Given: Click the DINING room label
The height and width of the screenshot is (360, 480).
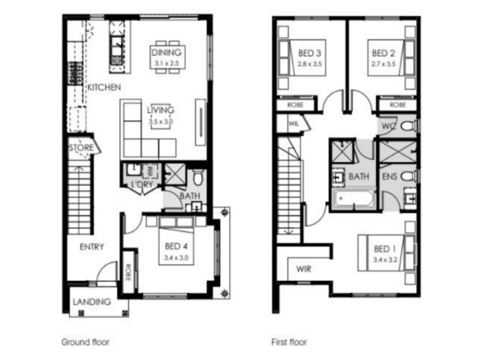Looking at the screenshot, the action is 167,52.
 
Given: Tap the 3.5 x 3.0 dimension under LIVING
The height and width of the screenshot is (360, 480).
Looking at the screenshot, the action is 161,121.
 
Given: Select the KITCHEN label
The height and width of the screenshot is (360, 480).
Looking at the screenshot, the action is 104,88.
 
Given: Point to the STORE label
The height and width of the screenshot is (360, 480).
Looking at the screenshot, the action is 81,148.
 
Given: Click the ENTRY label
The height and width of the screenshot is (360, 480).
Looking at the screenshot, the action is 92,247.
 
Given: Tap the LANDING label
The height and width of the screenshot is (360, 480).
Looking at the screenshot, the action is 92,302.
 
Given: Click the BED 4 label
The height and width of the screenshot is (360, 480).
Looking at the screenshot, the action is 176,246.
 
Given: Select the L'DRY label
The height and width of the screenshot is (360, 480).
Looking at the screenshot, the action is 142,185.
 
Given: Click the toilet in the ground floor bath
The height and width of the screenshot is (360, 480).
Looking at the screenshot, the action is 198,177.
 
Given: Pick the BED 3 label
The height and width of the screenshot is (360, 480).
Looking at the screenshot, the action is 310,53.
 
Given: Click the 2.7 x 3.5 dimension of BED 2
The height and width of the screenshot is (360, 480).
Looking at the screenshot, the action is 383,64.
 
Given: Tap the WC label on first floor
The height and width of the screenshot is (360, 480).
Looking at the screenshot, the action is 389,126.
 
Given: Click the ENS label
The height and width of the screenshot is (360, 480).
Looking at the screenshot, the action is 389,176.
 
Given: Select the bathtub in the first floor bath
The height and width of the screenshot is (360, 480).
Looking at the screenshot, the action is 354,199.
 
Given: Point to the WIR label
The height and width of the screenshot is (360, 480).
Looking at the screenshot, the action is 304,269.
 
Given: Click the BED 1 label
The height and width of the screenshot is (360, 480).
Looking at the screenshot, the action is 385,249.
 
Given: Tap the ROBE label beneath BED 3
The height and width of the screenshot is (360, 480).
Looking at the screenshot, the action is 295,105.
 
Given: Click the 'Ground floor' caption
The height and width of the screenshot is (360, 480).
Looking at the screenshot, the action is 85,342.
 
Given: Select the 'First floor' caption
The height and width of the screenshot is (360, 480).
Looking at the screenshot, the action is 289,342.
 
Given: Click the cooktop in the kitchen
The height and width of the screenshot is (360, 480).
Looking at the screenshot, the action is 76,73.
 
